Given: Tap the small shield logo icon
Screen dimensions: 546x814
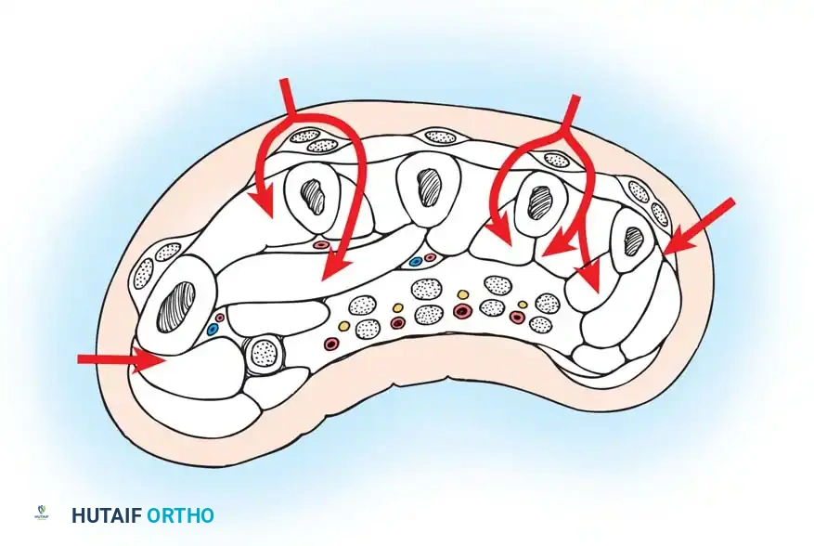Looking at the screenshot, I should (41, 513).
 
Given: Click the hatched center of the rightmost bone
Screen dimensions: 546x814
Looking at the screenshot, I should (634, 241).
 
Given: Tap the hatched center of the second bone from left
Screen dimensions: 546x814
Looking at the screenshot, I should (315, 198).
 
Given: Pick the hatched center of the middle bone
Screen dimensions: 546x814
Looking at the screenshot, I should (431, 185).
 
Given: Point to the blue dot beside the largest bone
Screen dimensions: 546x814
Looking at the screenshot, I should (212, 329).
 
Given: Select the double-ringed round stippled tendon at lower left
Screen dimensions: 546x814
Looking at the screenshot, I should (263, 352).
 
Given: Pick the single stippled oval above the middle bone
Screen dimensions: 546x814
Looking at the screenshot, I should (439, 136).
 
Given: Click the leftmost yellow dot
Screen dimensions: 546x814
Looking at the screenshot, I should (343, 326).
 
